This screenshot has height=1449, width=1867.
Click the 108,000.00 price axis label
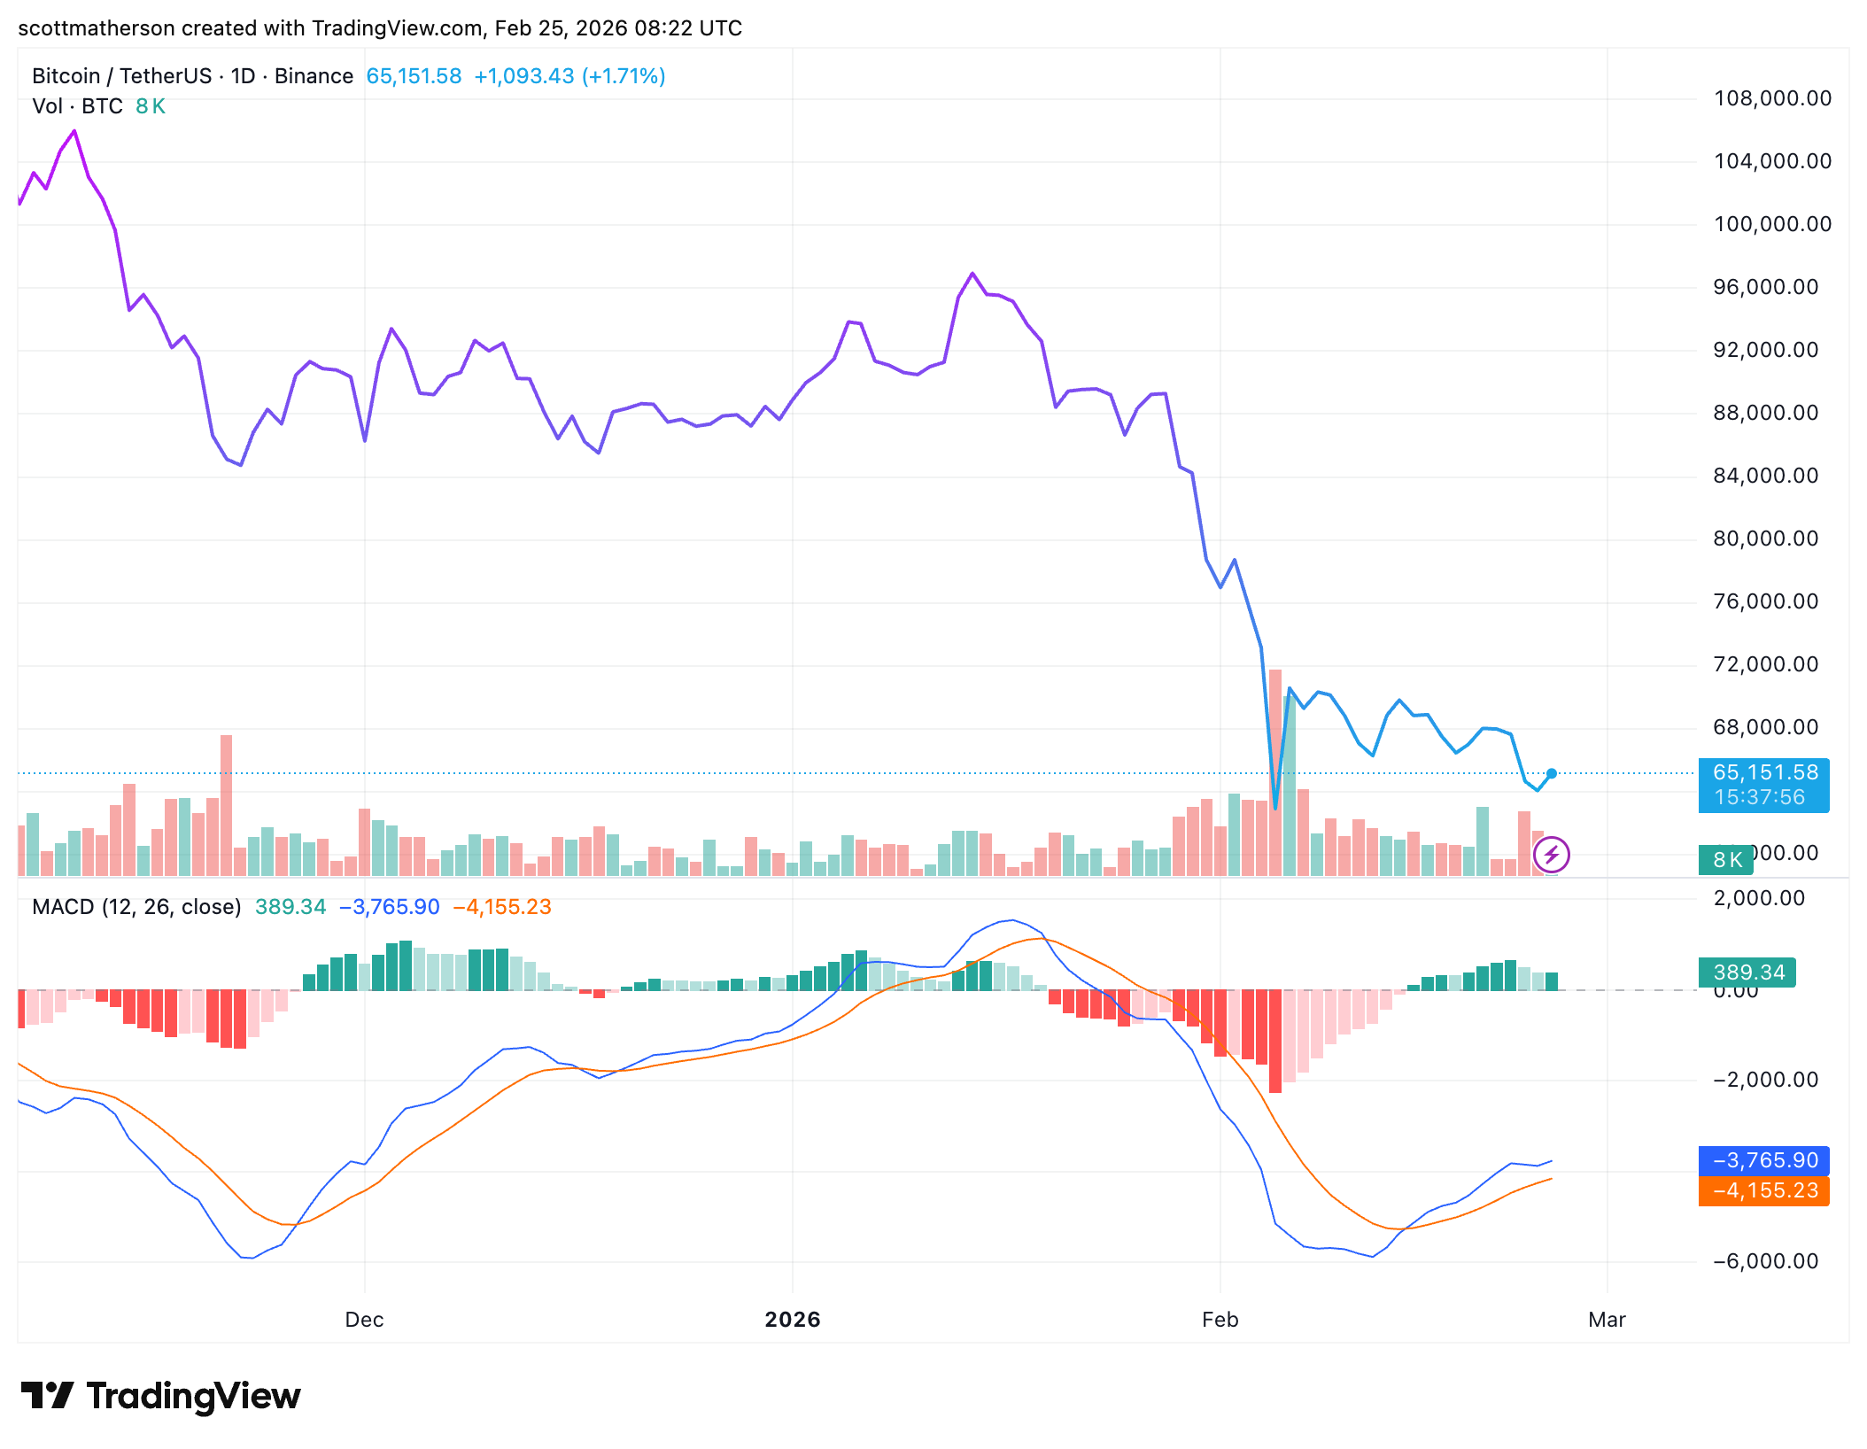point(1771,98)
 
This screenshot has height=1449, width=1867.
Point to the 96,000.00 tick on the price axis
point(1765,287)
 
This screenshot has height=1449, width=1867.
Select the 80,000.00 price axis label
point(1765,539)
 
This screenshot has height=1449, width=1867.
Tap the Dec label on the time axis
point(364,1320)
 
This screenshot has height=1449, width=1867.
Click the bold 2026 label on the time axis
point(792,1320)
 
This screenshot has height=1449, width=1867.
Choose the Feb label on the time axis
point(1220,1320)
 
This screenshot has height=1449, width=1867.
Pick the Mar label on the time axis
point(1607,1320)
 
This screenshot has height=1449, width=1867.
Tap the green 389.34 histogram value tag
point(1747,972)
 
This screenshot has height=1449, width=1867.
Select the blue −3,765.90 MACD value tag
point(1763,1160)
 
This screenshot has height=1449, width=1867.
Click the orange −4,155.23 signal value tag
point(1763,1190)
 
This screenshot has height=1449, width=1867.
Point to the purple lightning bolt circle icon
point(1552,855)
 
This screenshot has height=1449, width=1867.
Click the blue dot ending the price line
point(1552,773)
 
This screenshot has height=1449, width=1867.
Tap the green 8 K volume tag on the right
point(1726,859)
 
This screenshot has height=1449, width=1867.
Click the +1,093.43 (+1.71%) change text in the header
point(569,76)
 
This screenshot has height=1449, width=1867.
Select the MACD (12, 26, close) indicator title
point(136,907)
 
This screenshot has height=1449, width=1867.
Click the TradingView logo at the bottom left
point(160,1396)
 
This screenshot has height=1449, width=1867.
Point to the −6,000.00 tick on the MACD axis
point(1765,1261)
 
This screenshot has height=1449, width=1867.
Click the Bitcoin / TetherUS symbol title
point(121,76)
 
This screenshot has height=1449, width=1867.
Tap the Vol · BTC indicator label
point(77,106)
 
